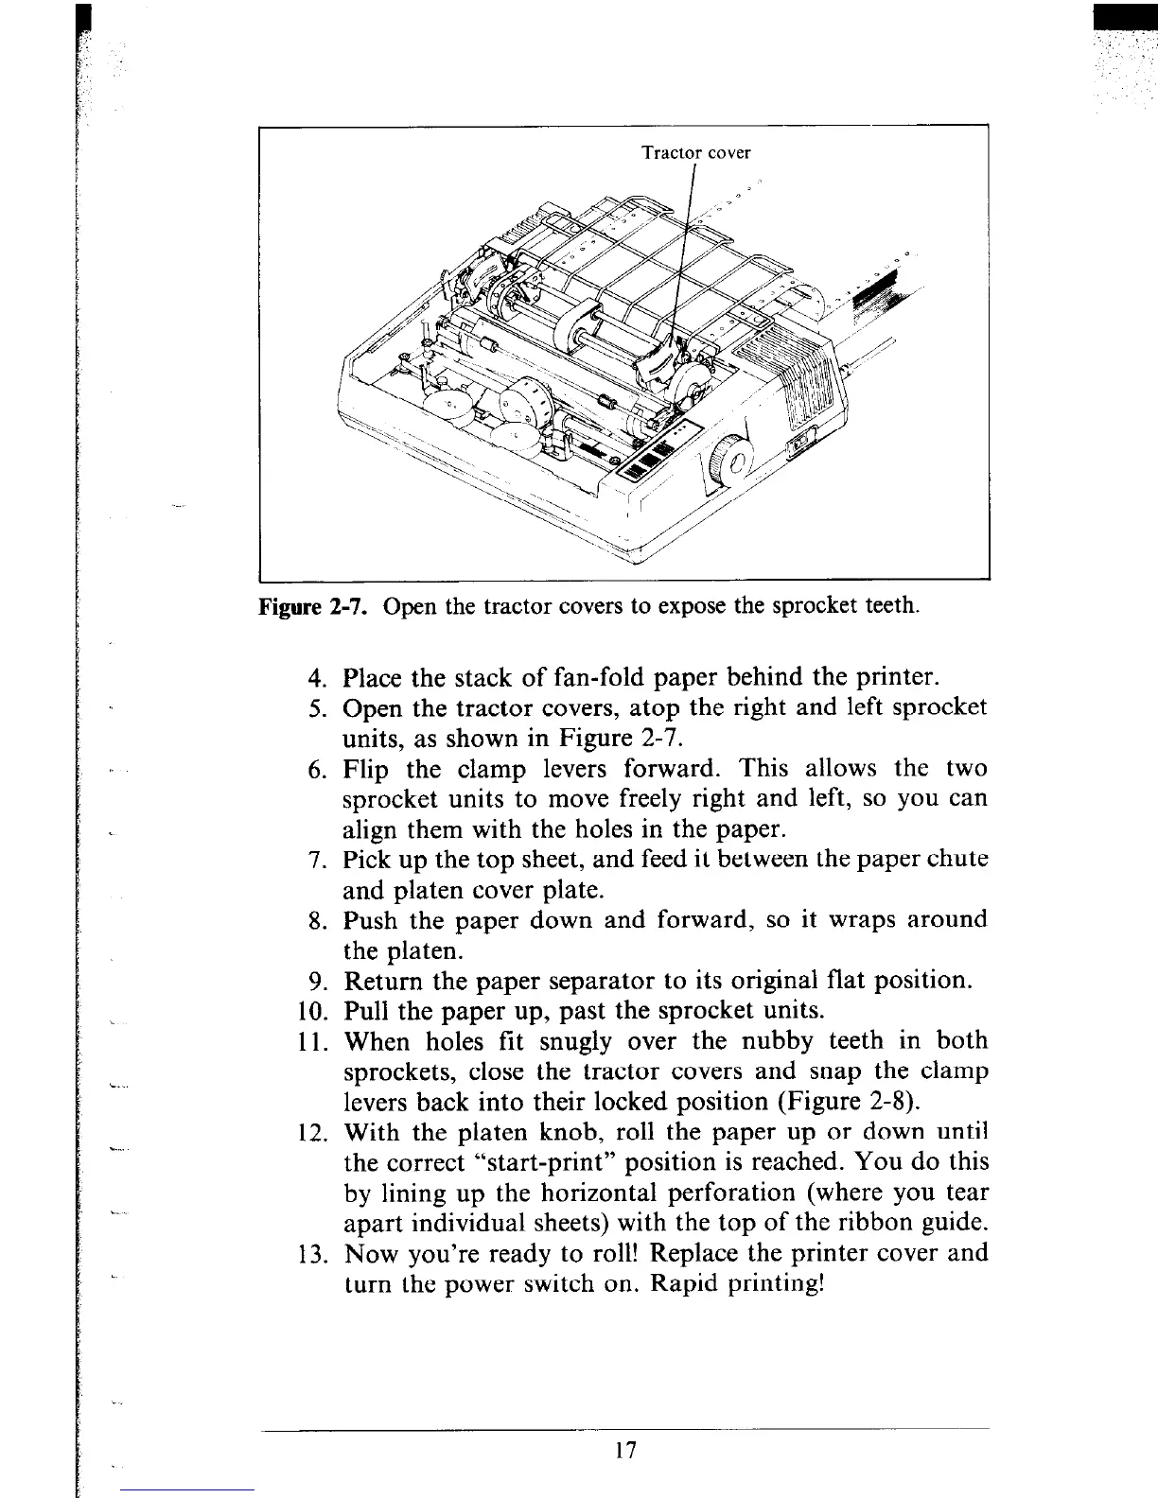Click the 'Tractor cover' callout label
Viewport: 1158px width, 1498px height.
click(695, 152)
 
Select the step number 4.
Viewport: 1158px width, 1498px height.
click(318, 678)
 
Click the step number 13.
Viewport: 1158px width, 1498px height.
click(311, 1255)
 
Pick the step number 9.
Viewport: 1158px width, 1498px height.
click(318, 981)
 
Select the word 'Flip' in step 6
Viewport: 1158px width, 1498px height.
click(367, 768)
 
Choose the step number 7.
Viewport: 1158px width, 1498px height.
click(318, 861)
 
